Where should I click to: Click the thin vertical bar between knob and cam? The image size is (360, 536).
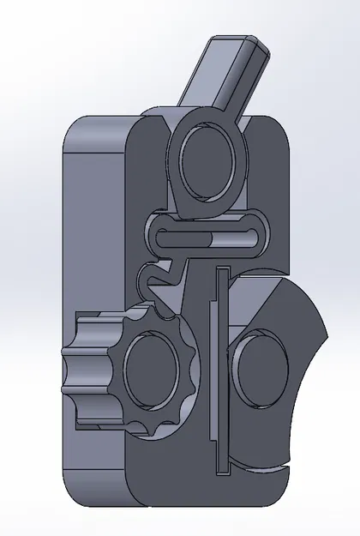220,369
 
